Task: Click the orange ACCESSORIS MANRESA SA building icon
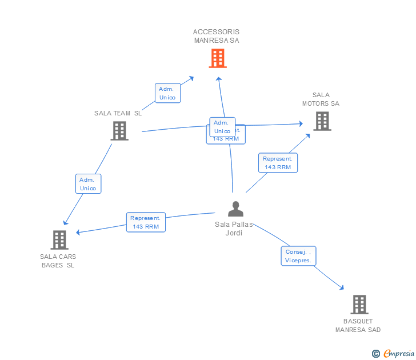(x=217, y=58)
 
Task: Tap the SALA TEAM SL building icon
(x=119, y=130)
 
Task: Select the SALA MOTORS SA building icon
(x=322, y=121)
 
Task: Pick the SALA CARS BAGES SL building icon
(x=59, y=240)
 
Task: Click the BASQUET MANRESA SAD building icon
(x=358, y=305)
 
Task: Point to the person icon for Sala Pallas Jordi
(x=235, y=209)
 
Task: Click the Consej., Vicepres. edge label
(x=298, y=256)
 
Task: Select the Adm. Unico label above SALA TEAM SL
(x=167, y=93)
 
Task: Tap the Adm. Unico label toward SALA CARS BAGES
(x=88, y=184)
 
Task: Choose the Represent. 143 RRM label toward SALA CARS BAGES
(x=146, y=222)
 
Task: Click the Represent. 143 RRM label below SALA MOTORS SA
(x=278, y=163)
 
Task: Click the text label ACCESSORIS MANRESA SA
(x=217, y=36)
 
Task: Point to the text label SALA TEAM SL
(x=118, y=113)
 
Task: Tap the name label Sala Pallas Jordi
(x=234, y=229)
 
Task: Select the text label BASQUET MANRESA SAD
(x=358, y=325)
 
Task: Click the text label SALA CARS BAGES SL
(x=58, y=261)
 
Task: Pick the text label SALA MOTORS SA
(x=321, y=99)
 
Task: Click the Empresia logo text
(x=398, y=354)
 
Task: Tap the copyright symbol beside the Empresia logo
(x=376, y=354)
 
